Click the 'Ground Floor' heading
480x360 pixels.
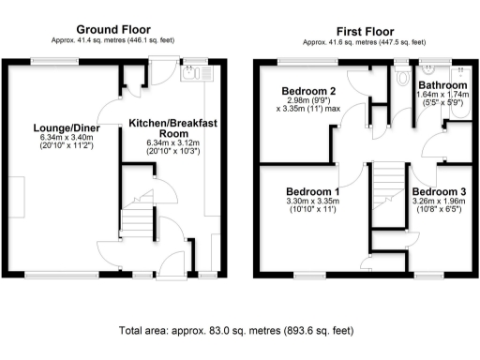[x=112, y=30]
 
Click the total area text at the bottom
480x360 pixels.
[x=236, y=331]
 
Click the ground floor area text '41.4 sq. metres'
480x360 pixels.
[x=112, y=41]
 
